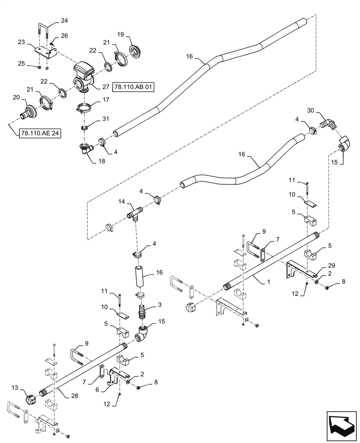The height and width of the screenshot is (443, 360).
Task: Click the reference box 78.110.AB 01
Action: pos(133,88)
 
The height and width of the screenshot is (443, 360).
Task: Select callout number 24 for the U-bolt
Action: pos(65,20)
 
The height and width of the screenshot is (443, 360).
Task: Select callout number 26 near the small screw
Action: pos(65,36)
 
